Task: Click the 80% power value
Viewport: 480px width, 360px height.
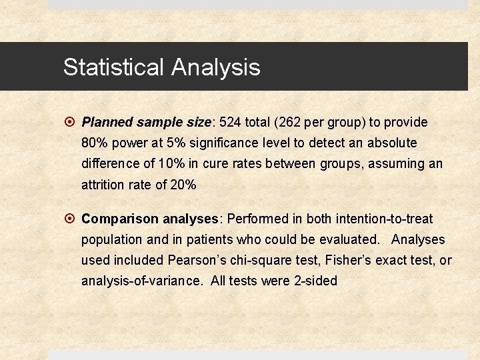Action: click(95, 143)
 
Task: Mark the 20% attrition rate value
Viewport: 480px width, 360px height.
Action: click(183, 185)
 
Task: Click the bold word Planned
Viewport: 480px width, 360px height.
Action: click(107, 123)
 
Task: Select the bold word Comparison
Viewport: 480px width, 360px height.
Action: click(120, 219)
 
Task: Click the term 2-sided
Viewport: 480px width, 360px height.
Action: click(315, 281)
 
